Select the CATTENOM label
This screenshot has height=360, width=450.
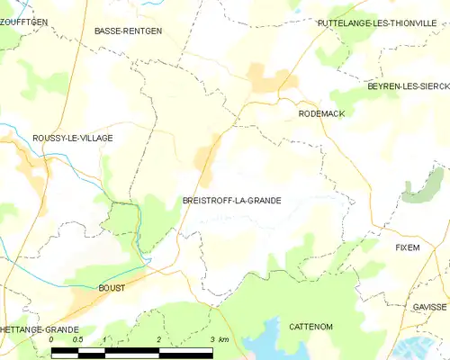pos(311,326)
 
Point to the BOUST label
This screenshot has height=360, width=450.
pos(112,288)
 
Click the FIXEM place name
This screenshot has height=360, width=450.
pos(408,247)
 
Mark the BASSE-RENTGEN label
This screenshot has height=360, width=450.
pos(128,31)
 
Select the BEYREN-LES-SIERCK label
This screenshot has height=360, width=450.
pos(408,85)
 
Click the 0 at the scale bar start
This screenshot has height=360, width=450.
pos(51,340)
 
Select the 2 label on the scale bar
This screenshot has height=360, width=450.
pos(158,340)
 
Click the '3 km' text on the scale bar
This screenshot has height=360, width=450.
pos(219,340)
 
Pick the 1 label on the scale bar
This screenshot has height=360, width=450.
pos(105,340)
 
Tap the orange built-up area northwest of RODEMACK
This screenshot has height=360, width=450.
pos(267,79)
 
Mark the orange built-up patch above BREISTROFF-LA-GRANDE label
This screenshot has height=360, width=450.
pos(208,153)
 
